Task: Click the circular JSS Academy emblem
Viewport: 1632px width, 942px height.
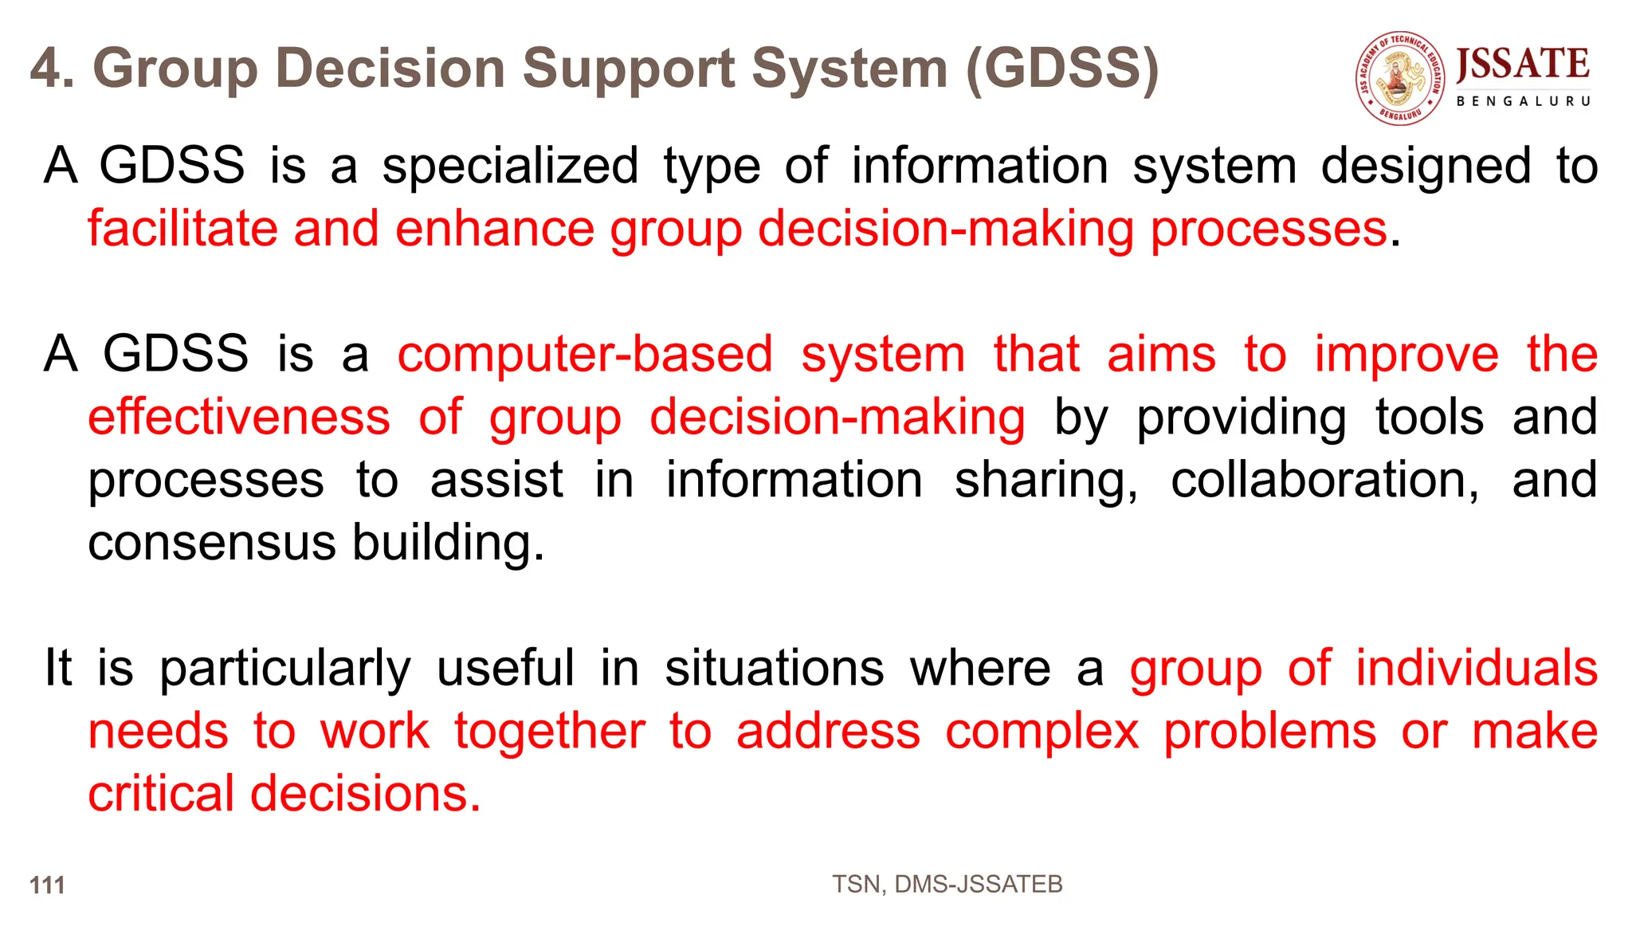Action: click(1401, 78)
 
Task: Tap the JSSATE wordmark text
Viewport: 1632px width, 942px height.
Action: click(1523, 65)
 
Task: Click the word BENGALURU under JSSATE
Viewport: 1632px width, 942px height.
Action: click(1523, 101)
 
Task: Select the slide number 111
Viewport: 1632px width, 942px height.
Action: click(47, 885)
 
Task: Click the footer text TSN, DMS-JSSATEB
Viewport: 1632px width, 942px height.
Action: click(947, 884)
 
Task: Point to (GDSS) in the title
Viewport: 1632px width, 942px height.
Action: click(1062, 69)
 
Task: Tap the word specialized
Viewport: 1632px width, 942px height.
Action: click(510, 167)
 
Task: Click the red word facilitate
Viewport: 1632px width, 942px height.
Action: click(182, 229)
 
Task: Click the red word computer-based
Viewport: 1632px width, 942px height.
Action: click(585, 355)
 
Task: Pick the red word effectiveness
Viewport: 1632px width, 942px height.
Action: click(239, 417)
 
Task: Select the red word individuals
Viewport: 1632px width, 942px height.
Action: click(1477, 668)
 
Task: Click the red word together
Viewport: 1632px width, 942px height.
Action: click(550, 732)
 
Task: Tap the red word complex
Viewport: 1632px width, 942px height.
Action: click(1042, 732)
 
